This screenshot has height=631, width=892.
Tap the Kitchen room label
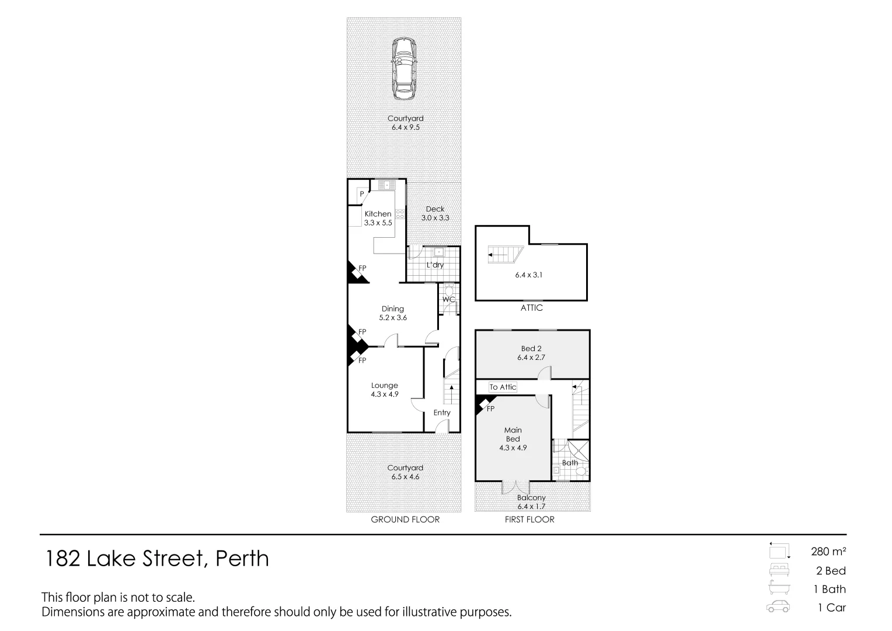378,214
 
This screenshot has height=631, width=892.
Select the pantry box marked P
361,194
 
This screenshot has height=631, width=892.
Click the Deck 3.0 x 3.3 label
435,213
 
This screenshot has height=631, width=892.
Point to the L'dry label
435,265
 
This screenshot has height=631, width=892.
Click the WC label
448,300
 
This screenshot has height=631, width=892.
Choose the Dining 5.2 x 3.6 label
393,313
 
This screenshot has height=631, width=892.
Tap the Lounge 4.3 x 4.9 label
385,390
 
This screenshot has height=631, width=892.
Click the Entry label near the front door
442,412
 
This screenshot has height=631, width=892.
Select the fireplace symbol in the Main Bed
485,404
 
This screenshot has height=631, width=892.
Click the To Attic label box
503,387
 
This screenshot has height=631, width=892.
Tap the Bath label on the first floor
570,463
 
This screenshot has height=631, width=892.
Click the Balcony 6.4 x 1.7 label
531,502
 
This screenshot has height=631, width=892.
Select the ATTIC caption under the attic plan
531,308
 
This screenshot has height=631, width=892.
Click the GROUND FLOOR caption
405,519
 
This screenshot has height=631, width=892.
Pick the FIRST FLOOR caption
529,519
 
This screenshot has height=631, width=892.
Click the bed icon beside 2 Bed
779,570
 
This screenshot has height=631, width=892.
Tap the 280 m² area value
828,551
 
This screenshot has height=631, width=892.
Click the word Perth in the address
242,559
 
